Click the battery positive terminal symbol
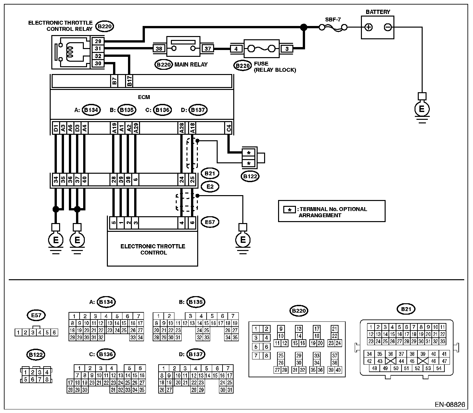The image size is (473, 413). point(368,27)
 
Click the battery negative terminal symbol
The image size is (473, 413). point(388,27)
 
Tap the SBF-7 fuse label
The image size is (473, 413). point(333,19)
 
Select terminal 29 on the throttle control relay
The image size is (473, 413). point(98,41)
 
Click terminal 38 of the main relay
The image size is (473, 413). point(159,48)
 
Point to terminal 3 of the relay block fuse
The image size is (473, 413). point(287,49)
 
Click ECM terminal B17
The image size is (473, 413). point(129,81)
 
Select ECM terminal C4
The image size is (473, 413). point(228,128)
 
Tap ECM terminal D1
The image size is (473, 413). point(56,128)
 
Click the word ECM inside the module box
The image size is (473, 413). point(144,97)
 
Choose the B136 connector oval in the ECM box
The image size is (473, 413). point(162,110)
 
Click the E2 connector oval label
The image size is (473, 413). point(210,186)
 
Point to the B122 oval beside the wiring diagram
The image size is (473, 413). point(250,177)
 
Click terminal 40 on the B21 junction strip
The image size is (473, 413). point(84,179)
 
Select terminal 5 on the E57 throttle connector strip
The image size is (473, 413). point(113,223)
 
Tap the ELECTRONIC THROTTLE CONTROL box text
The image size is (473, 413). point(153,249)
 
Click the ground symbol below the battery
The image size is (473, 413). point(422,108)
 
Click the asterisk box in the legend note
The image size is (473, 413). point(289,210)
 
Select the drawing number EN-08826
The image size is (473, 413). point(450,405)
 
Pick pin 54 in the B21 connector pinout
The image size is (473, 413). point(439,368)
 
